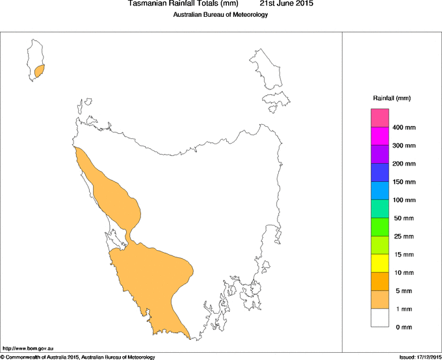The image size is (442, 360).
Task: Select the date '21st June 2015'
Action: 286,4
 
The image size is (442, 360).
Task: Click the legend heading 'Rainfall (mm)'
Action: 392,98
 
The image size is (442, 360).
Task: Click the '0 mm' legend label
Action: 404,327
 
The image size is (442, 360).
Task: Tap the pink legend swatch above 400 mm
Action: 380,118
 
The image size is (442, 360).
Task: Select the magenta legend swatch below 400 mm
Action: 380,136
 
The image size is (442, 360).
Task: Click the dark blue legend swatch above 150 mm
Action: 380,173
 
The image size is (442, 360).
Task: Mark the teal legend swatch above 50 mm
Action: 380,209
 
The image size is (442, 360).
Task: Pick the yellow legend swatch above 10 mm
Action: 380,263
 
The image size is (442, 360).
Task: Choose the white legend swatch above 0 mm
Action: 380,318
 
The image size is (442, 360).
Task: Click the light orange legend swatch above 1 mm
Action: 380,300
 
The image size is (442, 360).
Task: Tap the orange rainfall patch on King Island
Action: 40,70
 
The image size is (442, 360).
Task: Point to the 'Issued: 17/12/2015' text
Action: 419,357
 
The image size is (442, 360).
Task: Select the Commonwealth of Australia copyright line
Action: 78,357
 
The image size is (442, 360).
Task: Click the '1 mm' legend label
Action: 404,309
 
